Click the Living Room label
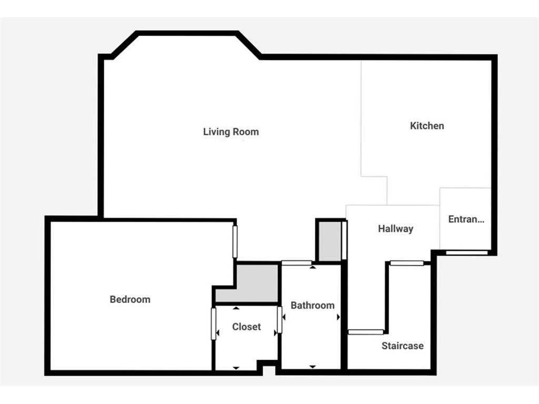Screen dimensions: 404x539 coord(231,132)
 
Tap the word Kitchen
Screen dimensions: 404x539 coord(427,126)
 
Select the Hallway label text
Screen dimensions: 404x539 coord(395,229)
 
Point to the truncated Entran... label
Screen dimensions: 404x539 coord(466,219)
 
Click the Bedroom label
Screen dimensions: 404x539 coord(130,299)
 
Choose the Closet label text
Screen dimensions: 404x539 coord(246,327)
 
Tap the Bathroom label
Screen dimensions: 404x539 coord(312,305)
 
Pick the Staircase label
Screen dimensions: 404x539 coord(402,346)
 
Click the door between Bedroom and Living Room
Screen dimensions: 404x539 coord(235,241)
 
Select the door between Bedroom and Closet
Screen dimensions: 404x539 coord(214,324)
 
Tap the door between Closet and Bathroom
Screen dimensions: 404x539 coord(280,320)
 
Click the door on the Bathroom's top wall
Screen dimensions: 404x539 coord(297,262)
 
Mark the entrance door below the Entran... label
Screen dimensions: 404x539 coord(466,253)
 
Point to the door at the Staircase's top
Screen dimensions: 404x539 coord(407,263)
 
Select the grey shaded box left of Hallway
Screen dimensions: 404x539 coord(330,240)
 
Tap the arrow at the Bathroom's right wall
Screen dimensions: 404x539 coord(338,317)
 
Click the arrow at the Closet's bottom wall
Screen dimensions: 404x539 coord(236,367)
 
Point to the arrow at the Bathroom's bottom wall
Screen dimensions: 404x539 coord(312,366)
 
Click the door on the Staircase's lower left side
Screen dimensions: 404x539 coord(366,332)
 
